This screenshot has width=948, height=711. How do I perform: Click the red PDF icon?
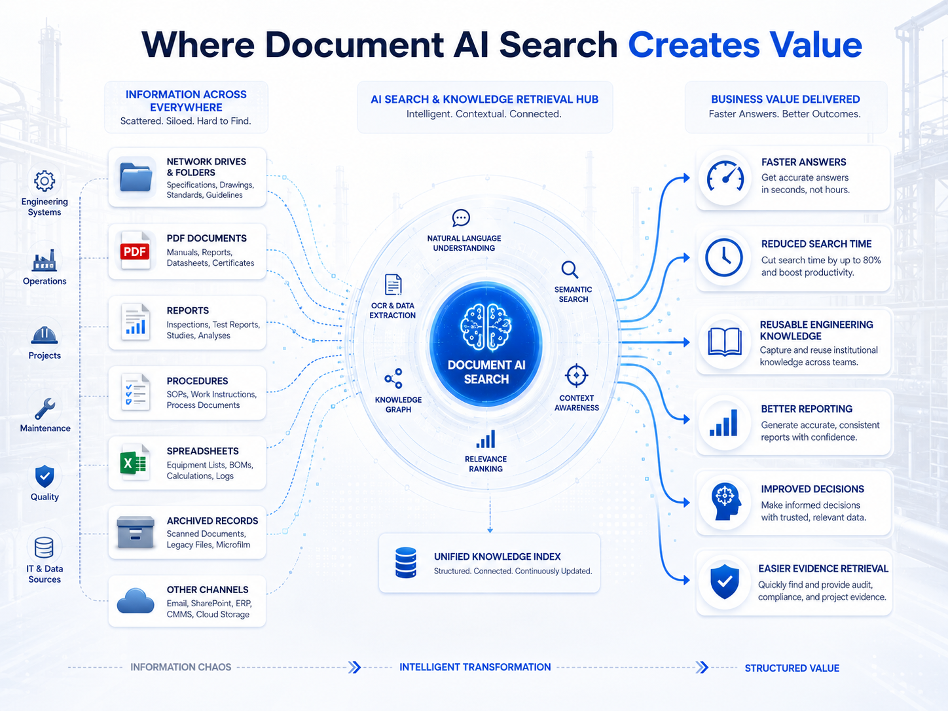point(135,251)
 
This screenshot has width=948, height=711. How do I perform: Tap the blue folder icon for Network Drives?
point(136,177)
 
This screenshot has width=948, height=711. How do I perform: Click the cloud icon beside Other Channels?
point(136,600)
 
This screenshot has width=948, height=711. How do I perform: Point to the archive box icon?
point(136,532)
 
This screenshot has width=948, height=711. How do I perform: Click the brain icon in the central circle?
point(486,326)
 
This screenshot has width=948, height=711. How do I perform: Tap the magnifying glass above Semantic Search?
point(570,270)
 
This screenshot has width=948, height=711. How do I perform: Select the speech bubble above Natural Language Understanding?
point(461,218)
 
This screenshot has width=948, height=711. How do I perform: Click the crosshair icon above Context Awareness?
point(576,376)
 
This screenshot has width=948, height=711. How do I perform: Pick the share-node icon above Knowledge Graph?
point(394,378)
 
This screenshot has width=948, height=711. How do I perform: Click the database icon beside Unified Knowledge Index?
point(406,562)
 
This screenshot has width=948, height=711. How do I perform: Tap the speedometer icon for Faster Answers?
point(725,177)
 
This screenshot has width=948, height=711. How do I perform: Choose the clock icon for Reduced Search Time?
point(724,258)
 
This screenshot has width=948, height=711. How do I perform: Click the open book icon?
point(725,342)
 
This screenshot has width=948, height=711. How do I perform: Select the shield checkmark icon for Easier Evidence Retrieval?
point(725,581)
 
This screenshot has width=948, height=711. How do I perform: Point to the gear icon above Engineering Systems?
point(45,181)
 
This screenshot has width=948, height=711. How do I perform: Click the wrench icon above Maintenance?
point(45,409)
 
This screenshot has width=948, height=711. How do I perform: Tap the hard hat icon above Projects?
point(44,335)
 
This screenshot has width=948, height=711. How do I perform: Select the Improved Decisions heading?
point(812,489)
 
